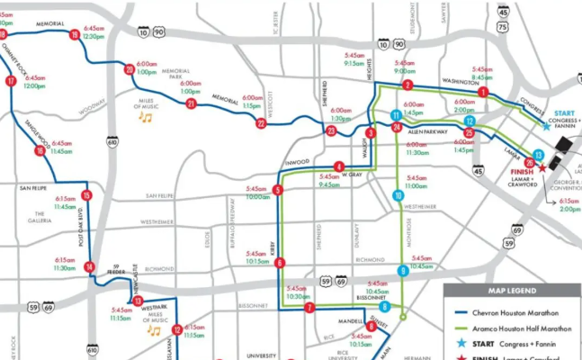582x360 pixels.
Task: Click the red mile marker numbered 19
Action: [74, 34]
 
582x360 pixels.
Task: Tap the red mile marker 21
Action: [191, 103]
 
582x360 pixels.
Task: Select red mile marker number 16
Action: [39, 151]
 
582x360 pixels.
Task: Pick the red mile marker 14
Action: [89, 266]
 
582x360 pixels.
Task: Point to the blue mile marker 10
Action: [398, 195]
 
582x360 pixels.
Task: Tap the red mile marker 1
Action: [483, 92]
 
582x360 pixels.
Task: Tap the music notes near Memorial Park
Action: [145, 116]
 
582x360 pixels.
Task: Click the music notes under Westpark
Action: [154, 330]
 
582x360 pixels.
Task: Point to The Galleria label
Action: [39, 217]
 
